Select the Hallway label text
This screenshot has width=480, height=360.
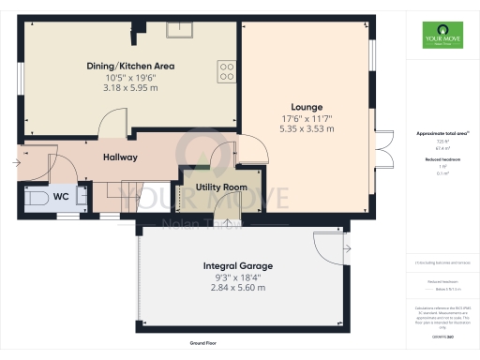120,157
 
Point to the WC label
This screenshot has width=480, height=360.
60,197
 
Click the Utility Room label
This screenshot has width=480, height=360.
220,187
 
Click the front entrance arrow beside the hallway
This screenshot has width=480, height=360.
16,163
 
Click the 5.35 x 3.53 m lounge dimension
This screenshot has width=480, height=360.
307,127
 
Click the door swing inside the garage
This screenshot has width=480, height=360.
328,246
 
